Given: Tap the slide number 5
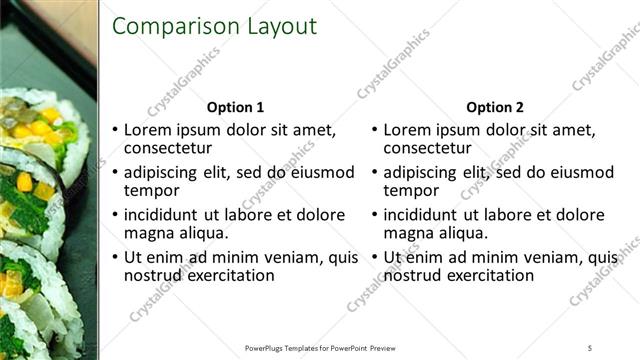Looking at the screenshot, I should (590, 348).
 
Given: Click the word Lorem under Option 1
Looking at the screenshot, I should (147, 130).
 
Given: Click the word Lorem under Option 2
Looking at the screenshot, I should (407, 130).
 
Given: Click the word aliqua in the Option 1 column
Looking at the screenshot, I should (196, 233).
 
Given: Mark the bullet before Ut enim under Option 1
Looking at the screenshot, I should (115, 258).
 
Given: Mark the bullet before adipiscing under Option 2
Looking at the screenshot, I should (375, 173).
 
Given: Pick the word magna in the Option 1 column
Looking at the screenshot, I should (146, 233).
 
